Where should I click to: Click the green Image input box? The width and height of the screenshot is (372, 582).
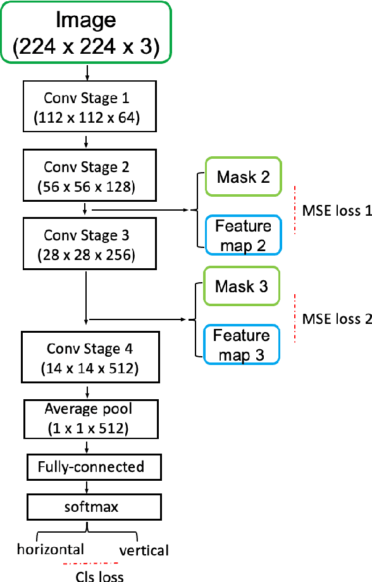coord(87,32)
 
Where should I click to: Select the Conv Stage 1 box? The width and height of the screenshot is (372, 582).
coord(85,107)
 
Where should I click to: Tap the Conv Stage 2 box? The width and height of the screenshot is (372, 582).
coord(85,176)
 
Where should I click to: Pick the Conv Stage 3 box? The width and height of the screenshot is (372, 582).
coord(85,244)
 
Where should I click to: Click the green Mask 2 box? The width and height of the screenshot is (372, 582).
coord(243,177)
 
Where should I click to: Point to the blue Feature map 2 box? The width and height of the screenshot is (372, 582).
coord(243,235)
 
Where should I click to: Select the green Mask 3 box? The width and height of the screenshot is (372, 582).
coord(242,287)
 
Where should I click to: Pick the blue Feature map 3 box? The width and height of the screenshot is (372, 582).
coord(242,345)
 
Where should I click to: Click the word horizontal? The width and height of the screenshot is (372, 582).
coord(51,548)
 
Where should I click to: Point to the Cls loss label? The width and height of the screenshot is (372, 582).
coord(99,575)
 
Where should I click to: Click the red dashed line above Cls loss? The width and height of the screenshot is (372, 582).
coord(90,562)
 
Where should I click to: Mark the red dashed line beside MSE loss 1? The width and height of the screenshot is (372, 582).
coord(295,211)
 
